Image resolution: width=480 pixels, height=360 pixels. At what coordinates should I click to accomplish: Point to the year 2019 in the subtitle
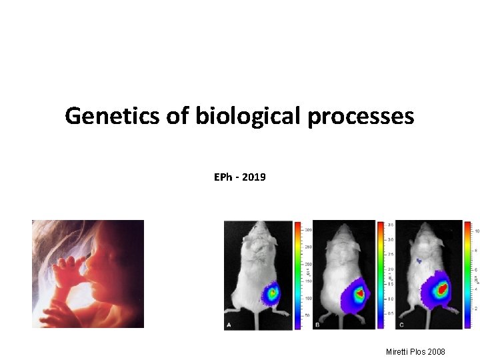254,177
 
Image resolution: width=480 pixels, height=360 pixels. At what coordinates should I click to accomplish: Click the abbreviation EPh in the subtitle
223,177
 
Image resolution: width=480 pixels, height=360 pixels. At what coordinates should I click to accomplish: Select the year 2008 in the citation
436,351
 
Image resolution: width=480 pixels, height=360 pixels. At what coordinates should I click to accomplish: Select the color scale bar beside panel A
298,275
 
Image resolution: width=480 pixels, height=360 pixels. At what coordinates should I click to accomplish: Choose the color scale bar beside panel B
381,275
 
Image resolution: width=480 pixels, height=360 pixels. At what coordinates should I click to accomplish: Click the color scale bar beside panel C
467,275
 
